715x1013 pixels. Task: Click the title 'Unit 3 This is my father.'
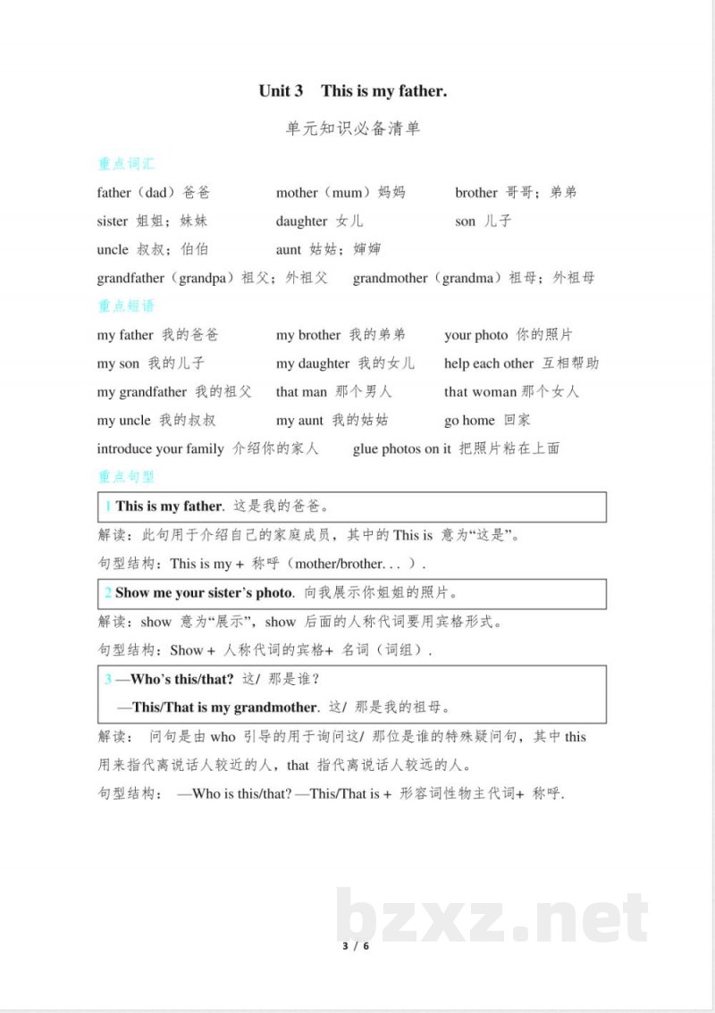pyautogui.click(x=352, y=90)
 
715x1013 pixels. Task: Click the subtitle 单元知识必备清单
pyautogui.click(x=352, y=129)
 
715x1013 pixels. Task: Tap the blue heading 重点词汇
pyautogui.click(x=126, y=163)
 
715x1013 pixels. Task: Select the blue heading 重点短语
pyautogui.click(x=126, y=306)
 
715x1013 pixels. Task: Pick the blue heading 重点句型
pyautogui.click(x=126, y=477)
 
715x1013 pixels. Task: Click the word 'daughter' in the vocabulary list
pyautogui.click(x=301, y=221)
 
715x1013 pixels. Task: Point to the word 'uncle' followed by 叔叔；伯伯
pyautogui.click(x=113, y=249)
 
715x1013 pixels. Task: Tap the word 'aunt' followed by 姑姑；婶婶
pyautogui.click(x=289, y=249)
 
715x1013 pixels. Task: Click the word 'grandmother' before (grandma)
pyautogui.click(x=390, y=278)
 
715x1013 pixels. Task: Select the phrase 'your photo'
pyautogui.click(x=475, y=335)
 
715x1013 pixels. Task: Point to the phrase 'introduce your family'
pyautogui.click(x=160, y=448)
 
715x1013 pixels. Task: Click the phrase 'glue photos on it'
pyautogui.click(x=401, y=448)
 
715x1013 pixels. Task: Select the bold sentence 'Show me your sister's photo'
pyautogui.click(x=204, y=592)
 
